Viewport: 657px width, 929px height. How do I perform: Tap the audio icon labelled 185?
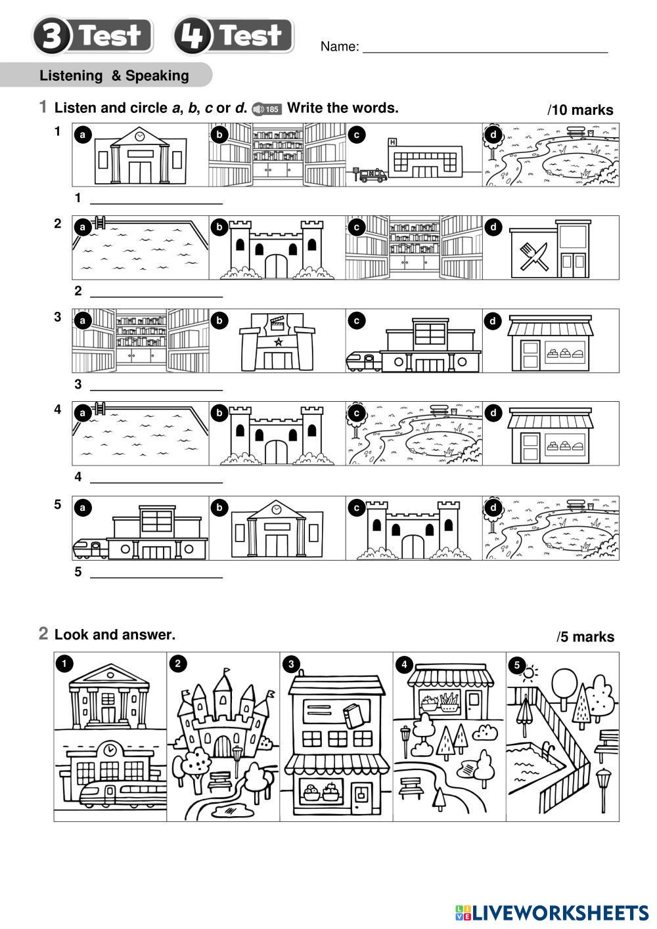[267, 109]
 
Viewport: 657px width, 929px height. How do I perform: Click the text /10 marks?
[580, 110]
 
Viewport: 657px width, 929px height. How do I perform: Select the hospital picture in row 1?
[414, 156]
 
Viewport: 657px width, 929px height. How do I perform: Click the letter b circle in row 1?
[219, 135]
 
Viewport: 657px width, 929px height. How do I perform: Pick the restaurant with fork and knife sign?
[551, 249]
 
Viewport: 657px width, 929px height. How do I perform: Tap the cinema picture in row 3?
[277, 341]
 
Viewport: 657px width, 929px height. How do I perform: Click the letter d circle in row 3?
[493, 321]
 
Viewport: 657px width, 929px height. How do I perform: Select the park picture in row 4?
[414, 434]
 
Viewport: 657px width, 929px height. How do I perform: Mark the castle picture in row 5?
[414, 529]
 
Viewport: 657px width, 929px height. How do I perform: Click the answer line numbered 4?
[156, 481]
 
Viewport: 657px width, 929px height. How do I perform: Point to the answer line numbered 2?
[156, 295]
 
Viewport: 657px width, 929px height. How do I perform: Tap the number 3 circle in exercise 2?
[291, 664]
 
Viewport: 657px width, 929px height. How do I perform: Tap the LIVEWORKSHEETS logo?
[552, 913]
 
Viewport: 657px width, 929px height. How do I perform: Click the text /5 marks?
[585, 637]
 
